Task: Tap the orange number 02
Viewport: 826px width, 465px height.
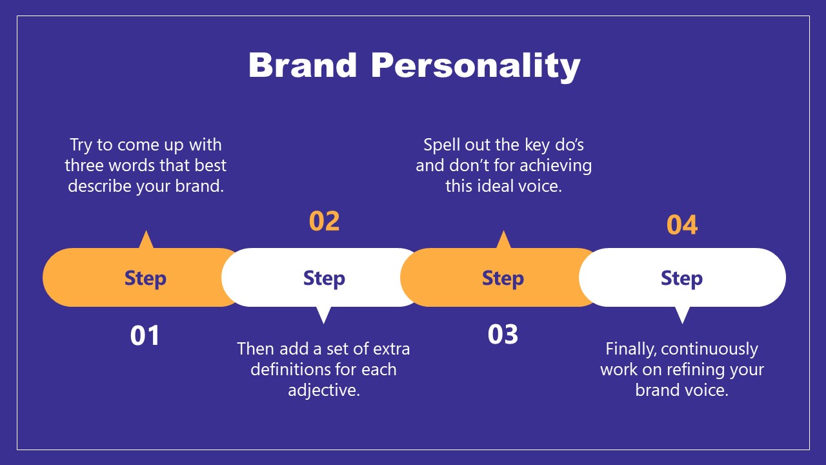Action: click(324, 221)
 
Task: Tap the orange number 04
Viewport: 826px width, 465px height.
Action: click(682, 225)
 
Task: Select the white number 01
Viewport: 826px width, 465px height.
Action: click(145, 335)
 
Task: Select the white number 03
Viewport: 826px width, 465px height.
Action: click(503, 335)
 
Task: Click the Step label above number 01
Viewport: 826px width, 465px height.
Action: click(145, 278)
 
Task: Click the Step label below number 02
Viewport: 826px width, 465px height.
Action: click(324, 278)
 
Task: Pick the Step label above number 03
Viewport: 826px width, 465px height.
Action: click(503, 278)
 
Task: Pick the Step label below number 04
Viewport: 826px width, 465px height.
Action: click(681, 278)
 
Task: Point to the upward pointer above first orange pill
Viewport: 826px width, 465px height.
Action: click(146, 240)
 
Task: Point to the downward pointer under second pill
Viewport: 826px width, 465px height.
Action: click(324, 315)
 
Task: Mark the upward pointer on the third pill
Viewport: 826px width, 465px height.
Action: click(503, 240)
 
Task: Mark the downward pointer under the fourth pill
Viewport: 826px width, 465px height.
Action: click(681, 315)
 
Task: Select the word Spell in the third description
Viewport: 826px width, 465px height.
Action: click(441, 145)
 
